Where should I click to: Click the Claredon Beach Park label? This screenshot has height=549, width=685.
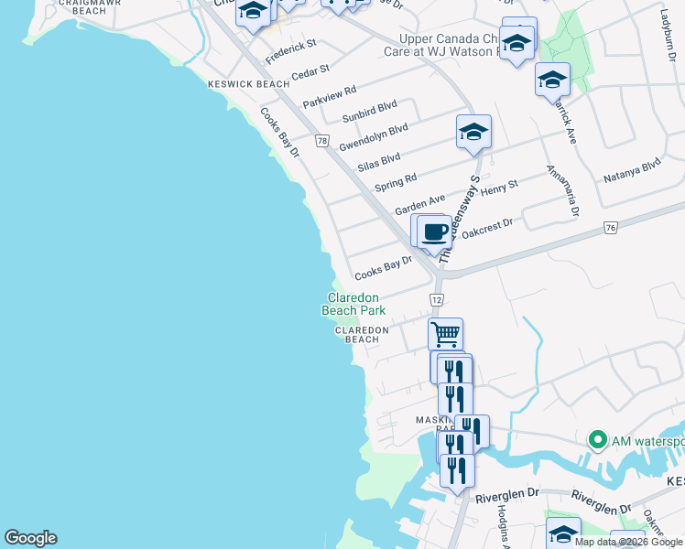point(353,304)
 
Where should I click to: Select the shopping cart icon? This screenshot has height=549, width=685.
point(445,333)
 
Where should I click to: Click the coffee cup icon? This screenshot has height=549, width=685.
point(436,231)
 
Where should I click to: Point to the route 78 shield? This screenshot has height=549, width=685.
point(321,141)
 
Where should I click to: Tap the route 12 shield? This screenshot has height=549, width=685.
point(437,300)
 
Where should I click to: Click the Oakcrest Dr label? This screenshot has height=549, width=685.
point(487,228)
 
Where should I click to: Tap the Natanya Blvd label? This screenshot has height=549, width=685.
point(632,171)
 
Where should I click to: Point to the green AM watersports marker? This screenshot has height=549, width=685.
point(598,441)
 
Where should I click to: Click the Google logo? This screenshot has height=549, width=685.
point(30,538)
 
